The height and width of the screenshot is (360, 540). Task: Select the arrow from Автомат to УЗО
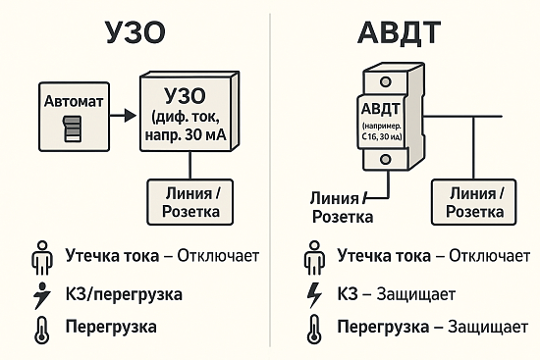[x=121, y=116]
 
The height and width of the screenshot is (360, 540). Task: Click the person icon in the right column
[x=314, y=259]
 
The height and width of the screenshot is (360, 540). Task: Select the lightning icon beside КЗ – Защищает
[x=314, y=293]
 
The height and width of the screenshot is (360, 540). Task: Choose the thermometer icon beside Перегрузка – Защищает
[x=314, y=328]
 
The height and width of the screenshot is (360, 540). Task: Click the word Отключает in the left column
[x=218, y=258]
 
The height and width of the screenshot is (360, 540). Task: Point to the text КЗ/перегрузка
[x=124, y=293]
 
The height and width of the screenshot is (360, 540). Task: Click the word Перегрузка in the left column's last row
[x=111, y=327]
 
